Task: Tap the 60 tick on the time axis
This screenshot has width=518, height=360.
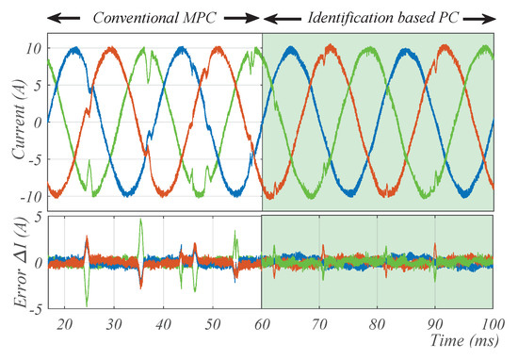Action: click(262, 323)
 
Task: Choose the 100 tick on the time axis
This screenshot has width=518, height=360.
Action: click(490, 323)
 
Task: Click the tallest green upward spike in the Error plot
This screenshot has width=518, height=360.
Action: click(140, 222)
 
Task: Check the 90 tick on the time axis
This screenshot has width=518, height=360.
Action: click(434, 323)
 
